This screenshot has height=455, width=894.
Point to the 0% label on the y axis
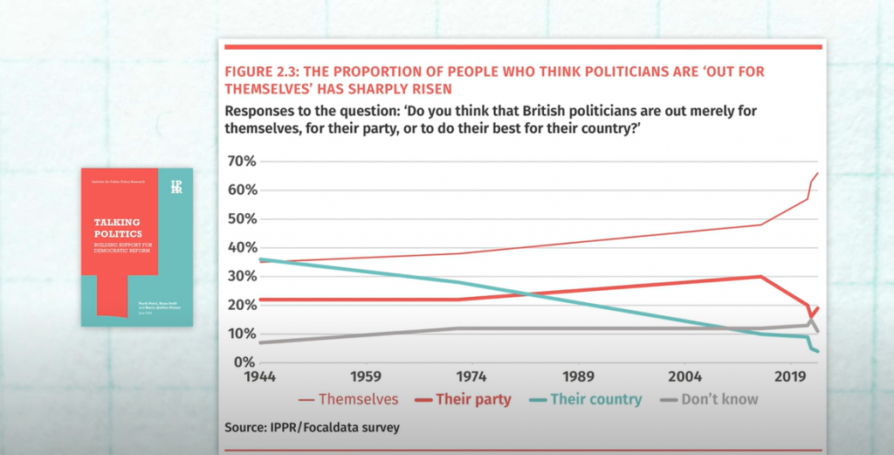pos(242,362)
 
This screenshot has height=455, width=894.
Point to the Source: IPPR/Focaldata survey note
pos(313,428)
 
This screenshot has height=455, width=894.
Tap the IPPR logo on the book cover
pos(176,186)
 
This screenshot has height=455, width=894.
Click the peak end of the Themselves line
pos(817,174)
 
